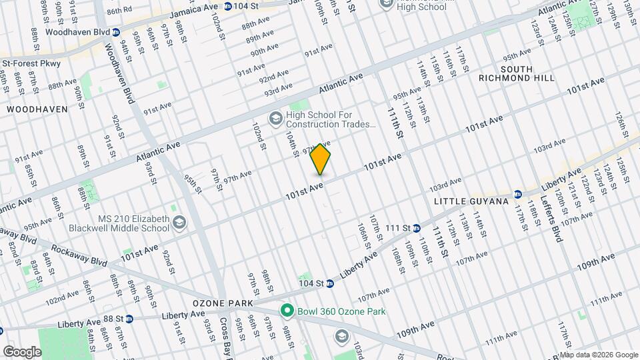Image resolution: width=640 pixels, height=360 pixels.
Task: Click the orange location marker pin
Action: point(321,159)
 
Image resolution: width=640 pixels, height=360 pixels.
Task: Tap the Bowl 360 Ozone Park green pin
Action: point(287,311)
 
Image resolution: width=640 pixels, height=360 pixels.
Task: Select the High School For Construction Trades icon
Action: point(275,119)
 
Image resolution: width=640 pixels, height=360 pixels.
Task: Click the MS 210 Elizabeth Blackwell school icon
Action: point(179,223)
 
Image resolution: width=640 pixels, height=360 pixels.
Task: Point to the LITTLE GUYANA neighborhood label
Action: point(471,201)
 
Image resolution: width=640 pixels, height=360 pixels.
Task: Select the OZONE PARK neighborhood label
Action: point(223,303)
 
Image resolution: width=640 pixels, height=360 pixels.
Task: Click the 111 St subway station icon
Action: point(415,229)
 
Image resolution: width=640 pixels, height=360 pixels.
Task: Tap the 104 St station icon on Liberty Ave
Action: point(329,283)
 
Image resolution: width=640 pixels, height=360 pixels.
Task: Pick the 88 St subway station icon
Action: point(129,319)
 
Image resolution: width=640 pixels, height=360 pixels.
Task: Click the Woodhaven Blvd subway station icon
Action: point(116,31)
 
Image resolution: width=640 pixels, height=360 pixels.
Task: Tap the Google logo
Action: point(22,351)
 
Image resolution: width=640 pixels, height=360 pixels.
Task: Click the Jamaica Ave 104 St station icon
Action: point(228,6)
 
